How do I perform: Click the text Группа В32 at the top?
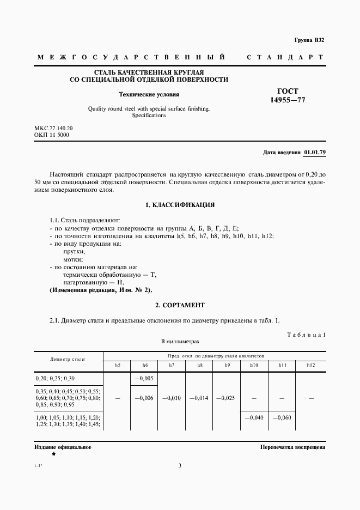[309, 40]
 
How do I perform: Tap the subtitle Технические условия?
[149, 94]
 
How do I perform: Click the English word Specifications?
[149, 116]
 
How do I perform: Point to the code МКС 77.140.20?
[53, 127]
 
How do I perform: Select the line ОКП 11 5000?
[52, 135]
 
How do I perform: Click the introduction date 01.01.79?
[314, 153]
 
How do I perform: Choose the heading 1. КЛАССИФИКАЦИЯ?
[180, 205]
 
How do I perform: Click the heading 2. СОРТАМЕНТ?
[180, 305]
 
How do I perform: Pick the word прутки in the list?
[75, 251]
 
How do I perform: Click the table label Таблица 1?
[306, 334]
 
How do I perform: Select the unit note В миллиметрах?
[180, 341]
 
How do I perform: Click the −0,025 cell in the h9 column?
[227, 398]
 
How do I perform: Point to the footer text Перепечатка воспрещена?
[293, 447]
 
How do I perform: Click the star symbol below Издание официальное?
[53, 454]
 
